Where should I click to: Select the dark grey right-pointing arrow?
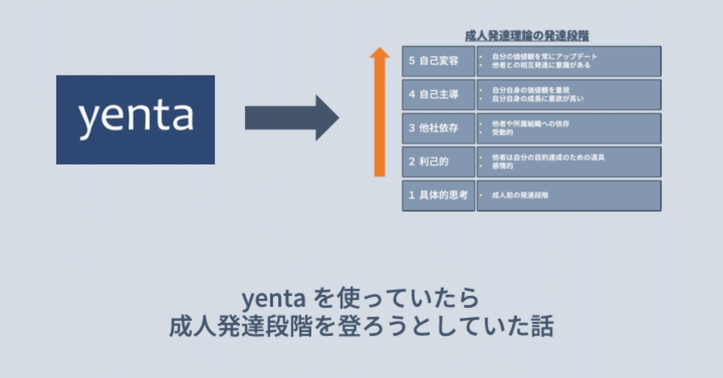291,118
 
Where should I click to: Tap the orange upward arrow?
380,113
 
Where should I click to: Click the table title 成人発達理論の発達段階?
526,36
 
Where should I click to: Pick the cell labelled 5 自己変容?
438,61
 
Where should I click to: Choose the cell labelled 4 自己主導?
438,94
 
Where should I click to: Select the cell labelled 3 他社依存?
438,128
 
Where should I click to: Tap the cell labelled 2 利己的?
438,161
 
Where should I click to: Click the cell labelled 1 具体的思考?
438,195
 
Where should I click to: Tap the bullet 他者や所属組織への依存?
530,124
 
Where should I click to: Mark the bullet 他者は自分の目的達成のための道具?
548,157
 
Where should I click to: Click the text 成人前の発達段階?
520,195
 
